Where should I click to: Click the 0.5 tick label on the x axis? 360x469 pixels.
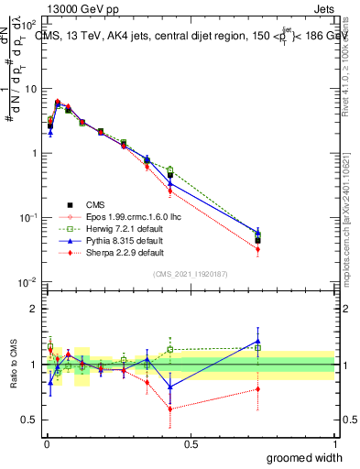[191, 443]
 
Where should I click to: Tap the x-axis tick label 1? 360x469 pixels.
[334, 443]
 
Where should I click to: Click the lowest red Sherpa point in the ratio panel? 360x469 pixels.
[170, 409]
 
